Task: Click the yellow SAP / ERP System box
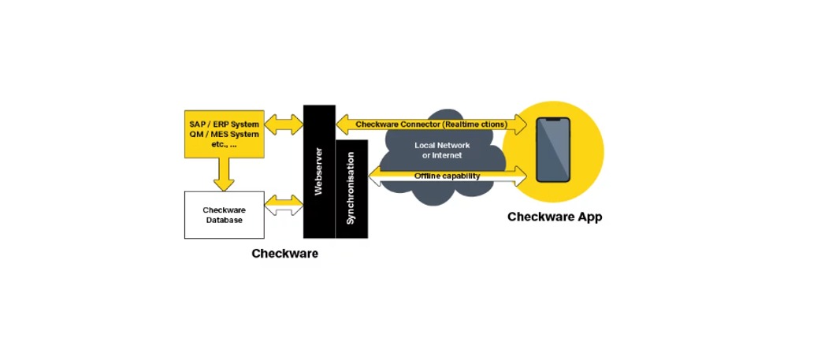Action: pyautogui.click(x=224, y=134)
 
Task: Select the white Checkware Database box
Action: pyautogui.click(x=224, y=215)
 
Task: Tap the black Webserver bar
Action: pyautogui.click(x=319, y=171)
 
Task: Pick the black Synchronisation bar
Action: pyautogui.click(x=351, y=189)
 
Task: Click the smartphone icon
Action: pyautogui.click(x=552, y=150)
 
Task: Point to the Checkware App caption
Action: pyautogui.click(x=554, y=217)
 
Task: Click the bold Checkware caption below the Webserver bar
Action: pyautogui.click(x=284, y=254)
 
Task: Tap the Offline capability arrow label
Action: pyautogui.click(x=447, y=176)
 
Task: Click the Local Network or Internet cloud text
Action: pyautogui.click(x=442, y=150)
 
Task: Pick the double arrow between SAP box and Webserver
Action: pyautogui.click(x=284, y=124)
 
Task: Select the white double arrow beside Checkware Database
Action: pyautogui.click(x=284, y=206)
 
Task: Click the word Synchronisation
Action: pyautogui.click(x=351, y=193)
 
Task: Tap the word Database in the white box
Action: pyautogui.click(x=225, y=220)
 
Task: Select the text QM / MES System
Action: pyautogui.click(x=224, y=135)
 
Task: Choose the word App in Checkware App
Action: pyautogui.click(x=589, y=217)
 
